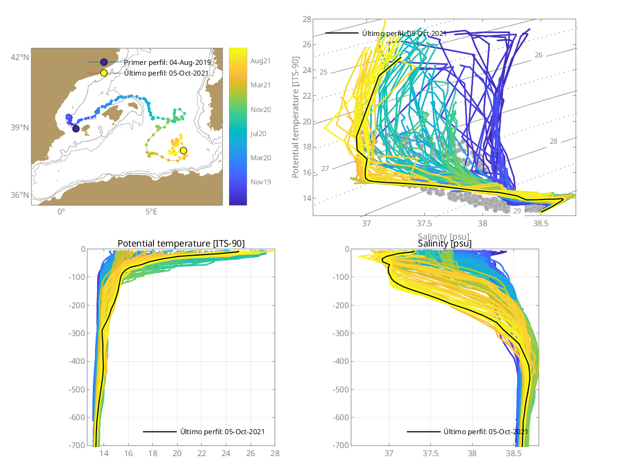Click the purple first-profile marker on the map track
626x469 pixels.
click(76, 129)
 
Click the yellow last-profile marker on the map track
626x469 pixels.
click(183, 151)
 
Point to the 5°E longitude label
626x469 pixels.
click(151, 211)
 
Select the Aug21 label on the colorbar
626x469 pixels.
click(260, 61)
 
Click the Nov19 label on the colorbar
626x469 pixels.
click(260, 182)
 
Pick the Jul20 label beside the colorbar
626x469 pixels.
click(260, 133)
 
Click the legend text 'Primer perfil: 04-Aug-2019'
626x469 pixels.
click(167, 62)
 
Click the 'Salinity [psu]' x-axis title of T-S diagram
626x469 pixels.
click(444, 235)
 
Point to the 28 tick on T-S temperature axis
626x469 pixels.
click(307, 19)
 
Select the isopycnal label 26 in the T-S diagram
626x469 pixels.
click(539, 55)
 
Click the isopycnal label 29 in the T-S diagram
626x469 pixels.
click(517, 211)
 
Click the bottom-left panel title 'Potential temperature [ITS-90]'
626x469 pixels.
click(181, 244)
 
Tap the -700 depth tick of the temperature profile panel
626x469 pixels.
click(78, 445)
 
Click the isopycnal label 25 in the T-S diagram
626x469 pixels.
click(323, 72)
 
